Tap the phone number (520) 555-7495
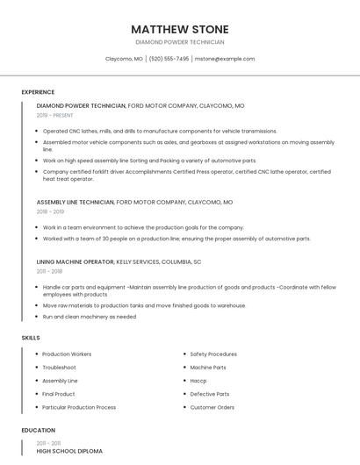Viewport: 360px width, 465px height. [169, 59]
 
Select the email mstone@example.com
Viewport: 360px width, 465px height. [225, 59]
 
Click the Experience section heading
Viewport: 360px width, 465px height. [38, 92]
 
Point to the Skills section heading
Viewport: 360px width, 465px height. [31, 337]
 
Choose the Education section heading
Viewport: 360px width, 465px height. [38, 430]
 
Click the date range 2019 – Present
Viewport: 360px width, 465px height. [56, 115]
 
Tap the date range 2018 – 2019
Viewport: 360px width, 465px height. [50, 211]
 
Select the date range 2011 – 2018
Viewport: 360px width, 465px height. [49, 271]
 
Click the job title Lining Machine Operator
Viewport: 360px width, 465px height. [76, 261]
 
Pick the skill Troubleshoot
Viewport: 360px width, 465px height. [60, 368]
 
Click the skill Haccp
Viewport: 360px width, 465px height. [198, 381]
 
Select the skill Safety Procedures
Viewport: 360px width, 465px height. [213, 354]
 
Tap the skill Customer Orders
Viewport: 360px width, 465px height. [212, 407]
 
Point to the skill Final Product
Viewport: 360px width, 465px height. [60, 394]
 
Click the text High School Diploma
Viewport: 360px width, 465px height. [69, 451]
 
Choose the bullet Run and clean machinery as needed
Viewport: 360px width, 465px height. [90, 316]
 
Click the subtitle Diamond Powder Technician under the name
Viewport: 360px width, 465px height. [180, 42]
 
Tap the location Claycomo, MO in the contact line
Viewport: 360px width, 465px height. [124, 59]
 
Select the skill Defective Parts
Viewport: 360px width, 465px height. [210, 394]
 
